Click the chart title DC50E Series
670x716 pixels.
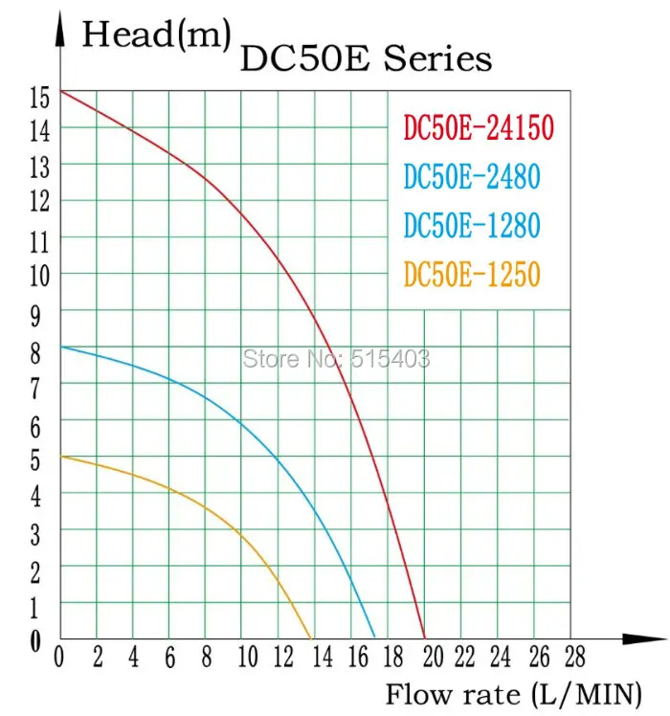(x=365, y=59)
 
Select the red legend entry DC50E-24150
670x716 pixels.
(x=479, y=128)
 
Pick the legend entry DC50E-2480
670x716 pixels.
(x=472, y=177)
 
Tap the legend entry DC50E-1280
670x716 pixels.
(x=472, y=226)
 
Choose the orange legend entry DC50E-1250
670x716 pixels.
(x=472, y=275)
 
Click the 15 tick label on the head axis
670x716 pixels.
(x=38, y=97)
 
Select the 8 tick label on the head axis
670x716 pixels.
(x=35, y=351)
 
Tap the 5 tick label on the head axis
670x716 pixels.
(x=35, y=461)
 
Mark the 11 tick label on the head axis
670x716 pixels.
(x=38, y=240)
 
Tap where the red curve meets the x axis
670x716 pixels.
(x=424, y=638)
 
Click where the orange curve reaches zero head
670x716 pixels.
(x=312, y=638)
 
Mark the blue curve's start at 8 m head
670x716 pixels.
(x=61, y=346)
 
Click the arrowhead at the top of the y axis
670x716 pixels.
(x=60, y=29)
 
